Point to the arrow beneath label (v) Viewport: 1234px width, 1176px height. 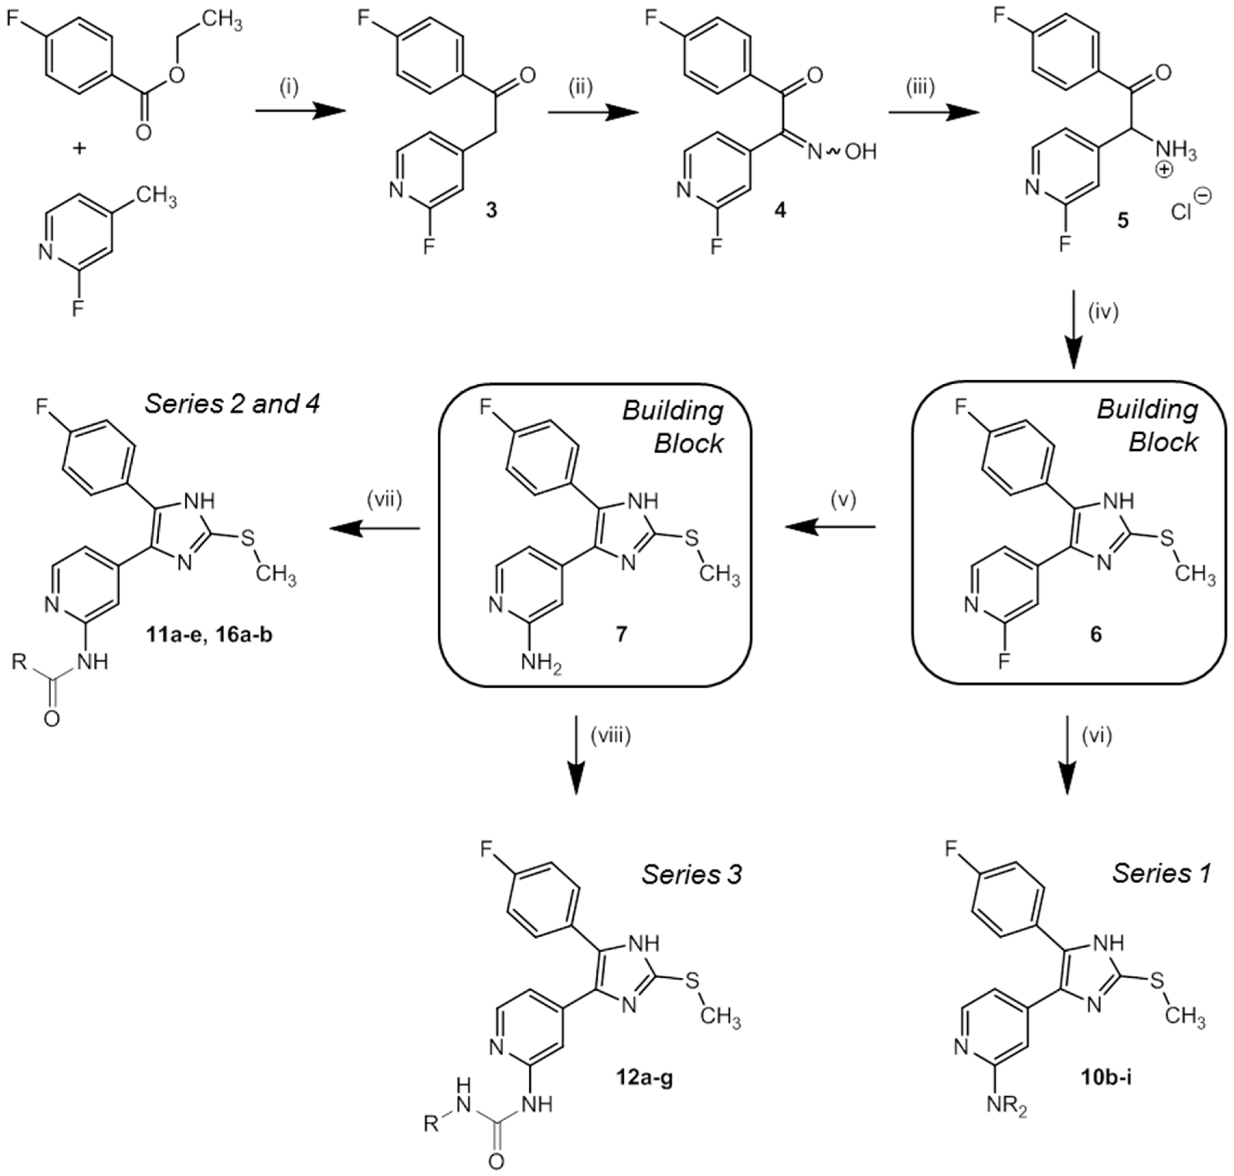click(831, 528)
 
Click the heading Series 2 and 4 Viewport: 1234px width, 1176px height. click(232, 404)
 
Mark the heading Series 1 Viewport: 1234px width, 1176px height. click(1161, 873)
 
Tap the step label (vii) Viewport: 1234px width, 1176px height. click(384, 500)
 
